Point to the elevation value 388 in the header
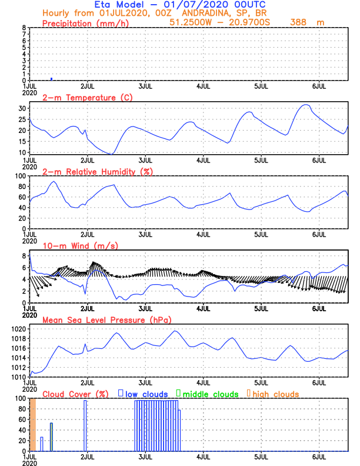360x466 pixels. (299, 22)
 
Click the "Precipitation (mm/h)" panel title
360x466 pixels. (86, 23)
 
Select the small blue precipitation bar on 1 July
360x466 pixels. (52, 78)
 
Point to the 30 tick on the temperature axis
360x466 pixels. (22, 108)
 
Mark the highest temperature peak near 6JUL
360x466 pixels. (305, 105)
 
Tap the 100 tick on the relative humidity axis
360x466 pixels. (20, 176)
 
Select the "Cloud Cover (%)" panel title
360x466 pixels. (76, 394)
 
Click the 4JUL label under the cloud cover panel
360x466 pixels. (204, 457)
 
